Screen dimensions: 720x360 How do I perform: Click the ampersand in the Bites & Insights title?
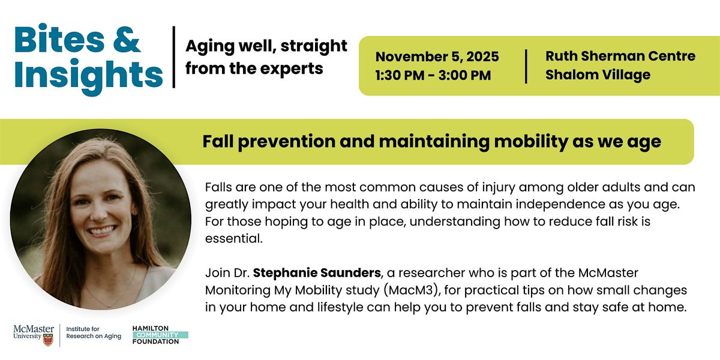(x=127, y=40)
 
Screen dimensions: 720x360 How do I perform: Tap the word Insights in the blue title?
(x=88, y=76)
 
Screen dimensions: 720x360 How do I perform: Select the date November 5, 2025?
(x=437, y=57)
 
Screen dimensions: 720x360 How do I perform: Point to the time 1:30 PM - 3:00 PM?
(x=433, y=76)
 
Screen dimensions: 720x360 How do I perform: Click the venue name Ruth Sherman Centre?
(x=620, y=56)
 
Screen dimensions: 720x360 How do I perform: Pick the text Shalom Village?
(x=598, y=75)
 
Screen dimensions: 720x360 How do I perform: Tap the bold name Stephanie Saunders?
(x=317, y=273)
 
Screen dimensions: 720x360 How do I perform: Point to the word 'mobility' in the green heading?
(x=532, y=142)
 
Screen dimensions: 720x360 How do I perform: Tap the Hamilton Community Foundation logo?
(x=160, y=335)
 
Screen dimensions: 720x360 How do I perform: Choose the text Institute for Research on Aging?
(x=94, y=332)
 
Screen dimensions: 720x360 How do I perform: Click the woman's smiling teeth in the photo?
(x=101, y=230)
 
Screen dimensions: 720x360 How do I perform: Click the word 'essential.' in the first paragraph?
(x=234, y=239)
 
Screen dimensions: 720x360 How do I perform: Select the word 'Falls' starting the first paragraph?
(x=218, y=187)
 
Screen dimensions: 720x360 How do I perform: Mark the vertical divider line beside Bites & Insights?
(x=174, y=57)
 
